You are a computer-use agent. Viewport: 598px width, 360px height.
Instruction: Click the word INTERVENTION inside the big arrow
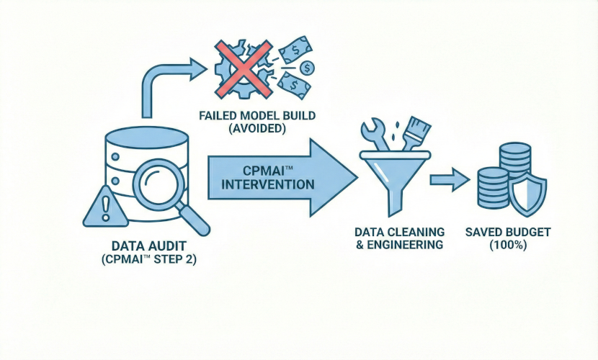point(269,184)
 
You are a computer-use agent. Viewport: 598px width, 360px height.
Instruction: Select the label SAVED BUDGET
point(509,232)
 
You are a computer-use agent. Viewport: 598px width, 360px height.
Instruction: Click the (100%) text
point(509,246)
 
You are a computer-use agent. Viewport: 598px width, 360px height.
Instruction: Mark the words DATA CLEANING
point(398,232)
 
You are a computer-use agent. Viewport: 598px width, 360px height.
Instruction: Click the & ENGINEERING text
point(398,246)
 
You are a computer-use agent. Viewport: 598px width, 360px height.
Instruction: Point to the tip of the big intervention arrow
point(356,177)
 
